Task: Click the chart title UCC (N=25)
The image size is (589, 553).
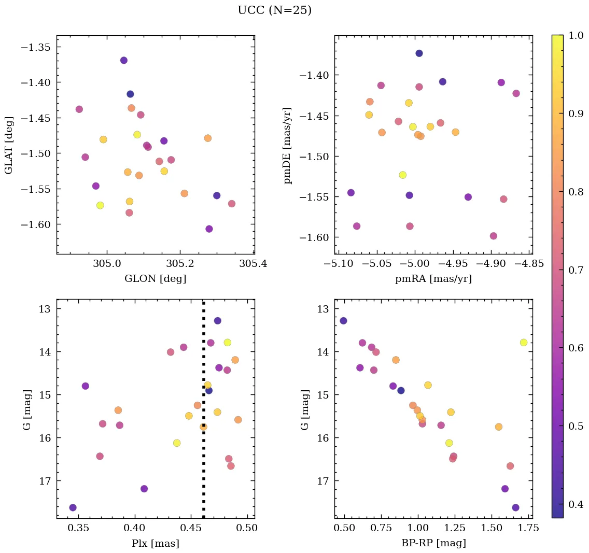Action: click(274, 10)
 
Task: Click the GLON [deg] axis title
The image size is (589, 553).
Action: click(155, 278)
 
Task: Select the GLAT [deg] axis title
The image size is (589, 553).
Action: click(9, 145)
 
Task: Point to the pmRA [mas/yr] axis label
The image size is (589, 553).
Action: click(433, 278)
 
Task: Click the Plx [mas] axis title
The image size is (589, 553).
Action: click(155, 543)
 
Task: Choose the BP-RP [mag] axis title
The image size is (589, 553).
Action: click(433, 543)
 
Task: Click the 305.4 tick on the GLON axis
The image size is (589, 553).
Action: click(254, 264)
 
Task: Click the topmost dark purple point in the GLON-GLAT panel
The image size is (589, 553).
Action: click(123, 60)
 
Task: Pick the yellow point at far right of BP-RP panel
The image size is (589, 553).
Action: click(523, 343)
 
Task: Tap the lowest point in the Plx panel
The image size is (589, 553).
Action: click(73, 507)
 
